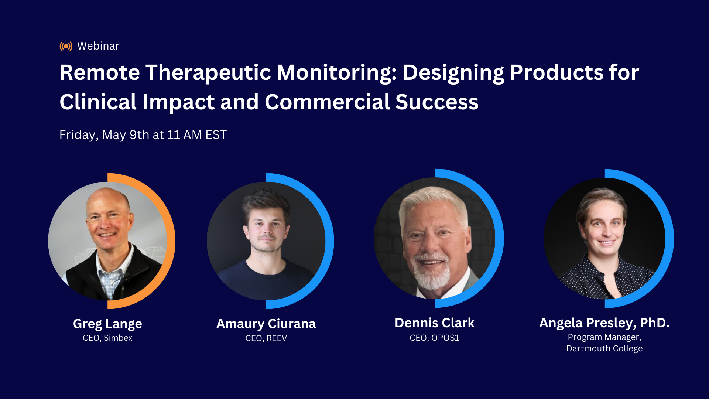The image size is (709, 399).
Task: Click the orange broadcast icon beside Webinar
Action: click(66, 46)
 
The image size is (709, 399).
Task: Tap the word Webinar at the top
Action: click(98, 46)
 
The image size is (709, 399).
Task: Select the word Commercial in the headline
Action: click(327, 102)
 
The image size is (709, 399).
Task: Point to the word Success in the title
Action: click(437, 102)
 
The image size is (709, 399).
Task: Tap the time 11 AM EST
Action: click(197, 135)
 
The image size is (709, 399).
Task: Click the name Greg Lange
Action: click(107, 324)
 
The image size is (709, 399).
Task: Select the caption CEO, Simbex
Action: click(107, 338)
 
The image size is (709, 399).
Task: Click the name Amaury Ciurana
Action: click(266, 324)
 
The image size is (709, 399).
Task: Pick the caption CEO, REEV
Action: click(266, 338)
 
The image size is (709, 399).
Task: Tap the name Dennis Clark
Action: click(434, 323)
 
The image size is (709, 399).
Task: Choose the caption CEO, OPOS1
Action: click(434, 338)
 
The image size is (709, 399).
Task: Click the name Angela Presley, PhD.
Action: click(604, 323)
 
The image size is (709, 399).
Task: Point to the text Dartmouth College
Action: click(604, 349)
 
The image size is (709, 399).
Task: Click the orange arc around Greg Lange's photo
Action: click(171, 240)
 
